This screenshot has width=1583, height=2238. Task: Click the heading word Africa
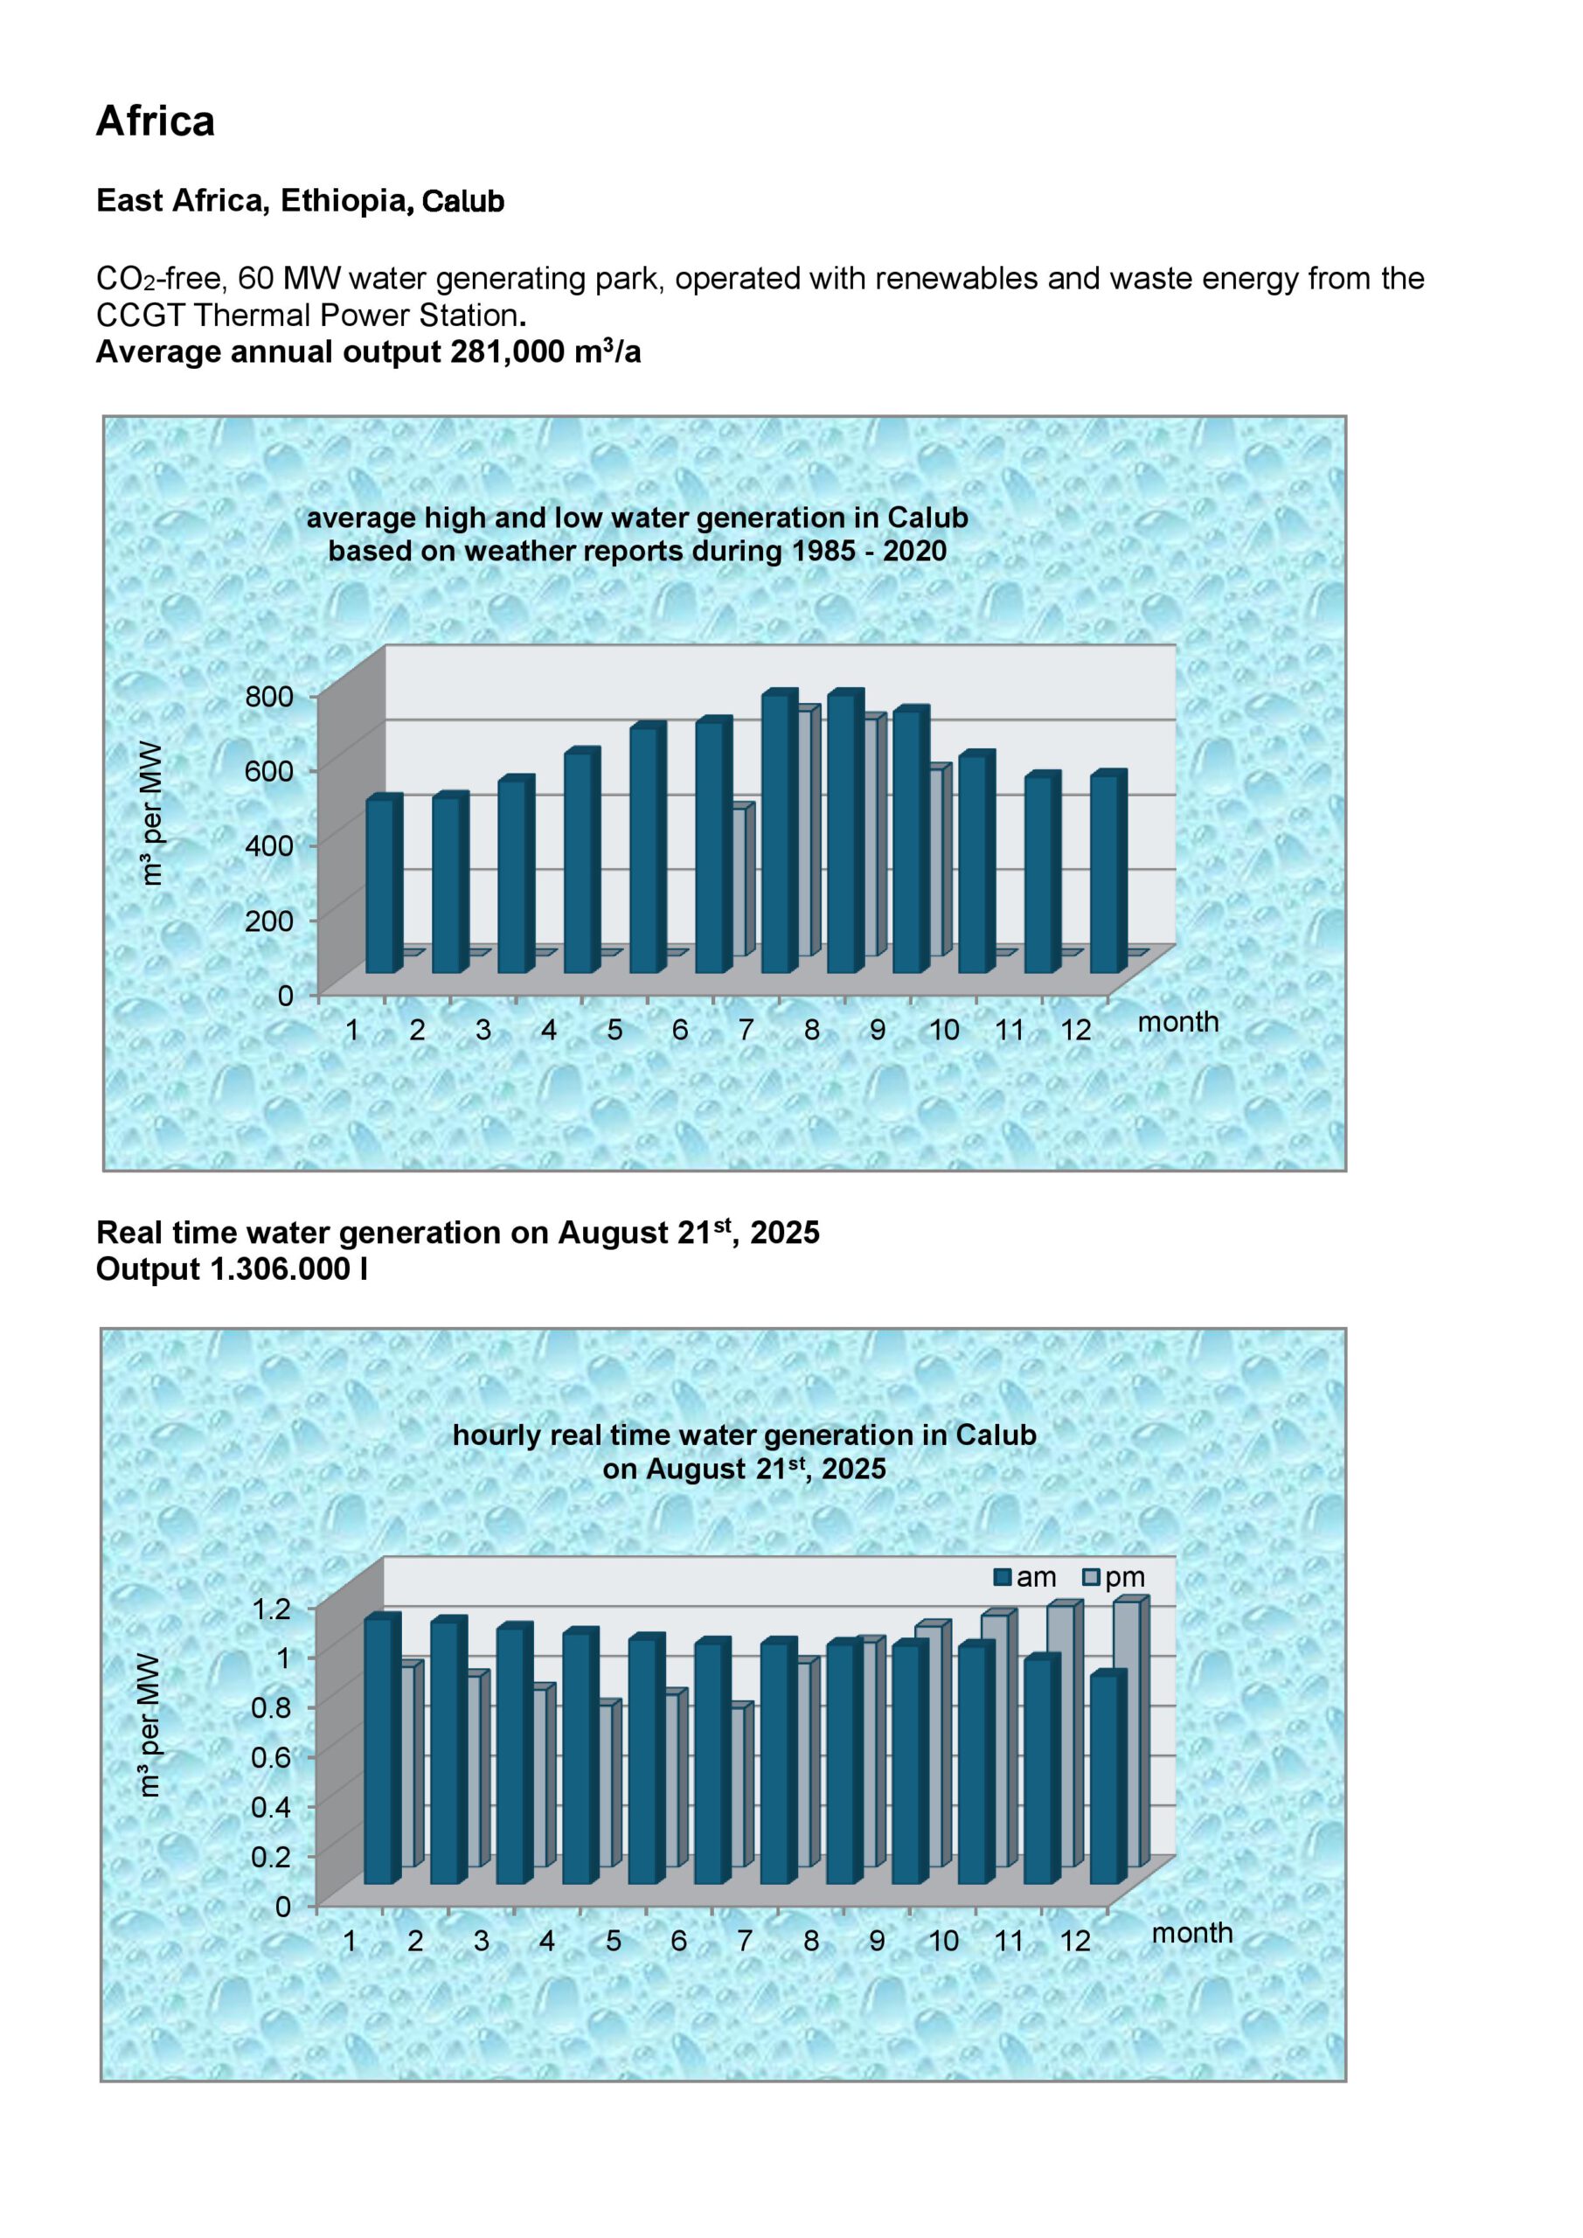tap(155, 122)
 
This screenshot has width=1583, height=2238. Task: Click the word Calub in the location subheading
tap(463, 202)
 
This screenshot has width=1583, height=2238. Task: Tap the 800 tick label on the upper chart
tap(270, 696)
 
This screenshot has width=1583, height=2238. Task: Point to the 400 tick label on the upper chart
tap(270, 845)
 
